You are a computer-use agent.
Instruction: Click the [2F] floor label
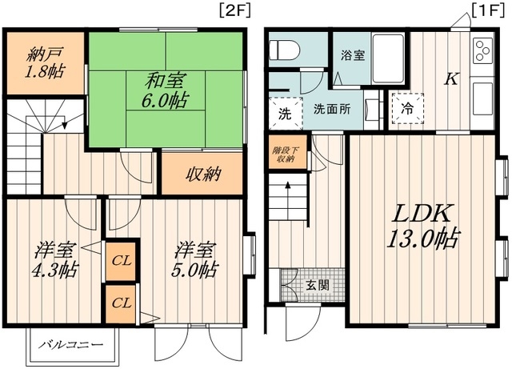[x=232, y=10]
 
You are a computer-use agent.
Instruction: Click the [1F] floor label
[x=487, y=10]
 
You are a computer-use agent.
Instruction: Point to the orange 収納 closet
[x=203, y=174]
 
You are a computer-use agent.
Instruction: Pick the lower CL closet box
[x=122, y=303]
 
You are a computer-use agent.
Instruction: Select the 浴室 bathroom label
[x=353, y=56]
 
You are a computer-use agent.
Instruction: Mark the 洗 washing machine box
[x=285, y=112]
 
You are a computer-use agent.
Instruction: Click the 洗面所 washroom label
[x=331, y=108]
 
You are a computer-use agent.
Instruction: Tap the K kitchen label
[x=451, y=78]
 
